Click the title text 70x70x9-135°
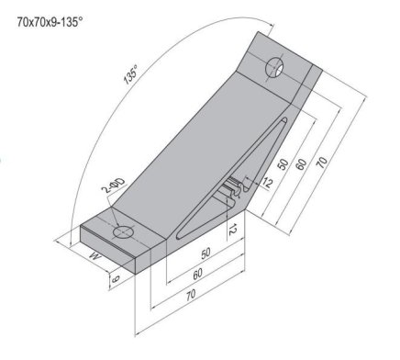tap(57, 18)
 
